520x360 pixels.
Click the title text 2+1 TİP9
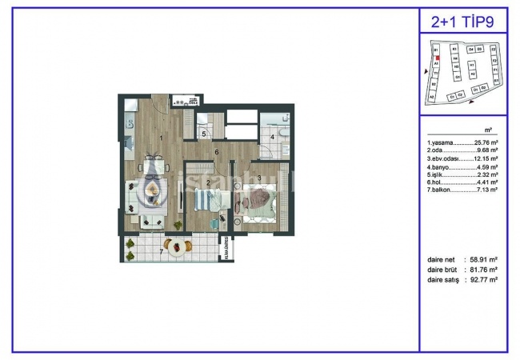click(x=463, y=21)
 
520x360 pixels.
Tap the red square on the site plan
click(x=438, y=59)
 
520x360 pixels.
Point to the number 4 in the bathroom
click(x=272, y=138)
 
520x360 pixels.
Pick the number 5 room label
click(x=204, y=134)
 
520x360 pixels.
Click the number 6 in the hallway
click(x=216, y=151)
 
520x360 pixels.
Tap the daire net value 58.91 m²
click(x=482, y=261)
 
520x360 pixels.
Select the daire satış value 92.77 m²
click(x=482, y=280)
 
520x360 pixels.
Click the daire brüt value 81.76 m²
click(x=482, y=270)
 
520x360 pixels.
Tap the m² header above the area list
click(x=488, y=130)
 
